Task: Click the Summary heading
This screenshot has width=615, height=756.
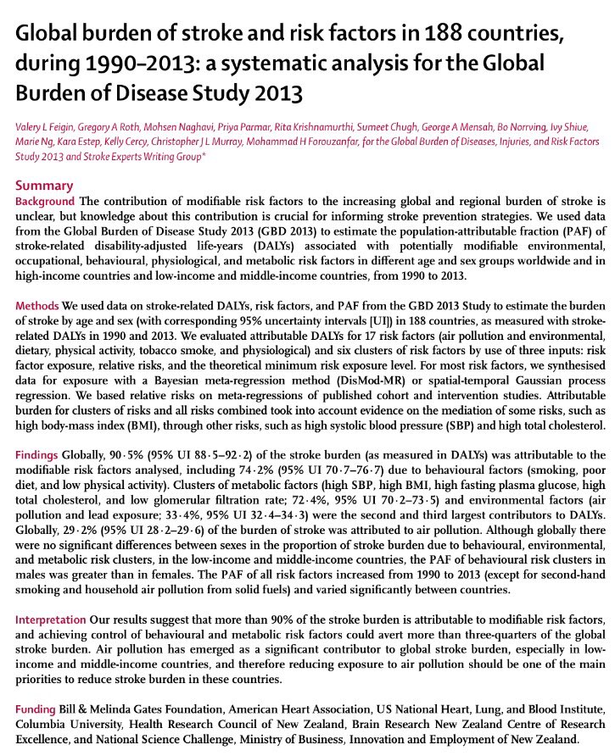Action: click(44, 186)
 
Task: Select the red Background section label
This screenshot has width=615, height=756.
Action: click(46, 201)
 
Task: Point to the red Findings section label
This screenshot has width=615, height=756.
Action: click(39, 456)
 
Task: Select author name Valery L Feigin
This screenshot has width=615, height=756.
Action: click(51, 126)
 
